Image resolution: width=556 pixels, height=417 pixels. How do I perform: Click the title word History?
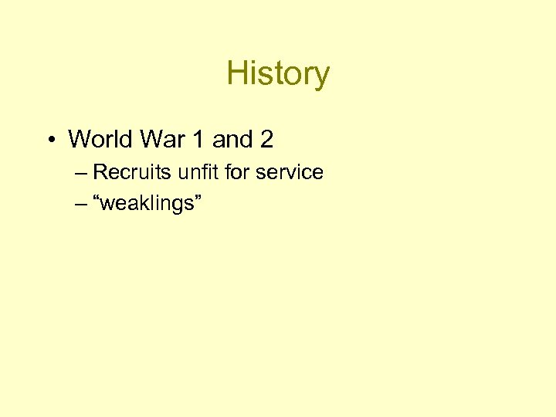pyautogui.click(x=278, y=74)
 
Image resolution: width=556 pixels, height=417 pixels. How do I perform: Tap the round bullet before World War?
pyautogui.click(x=49, y=140)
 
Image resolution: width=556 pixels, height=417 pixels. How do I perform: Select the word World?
pyautogui.click(x=100, y=140)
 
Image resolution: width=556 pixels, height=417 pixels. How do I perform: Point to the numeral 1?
pyautogui.click(x=198, y=140)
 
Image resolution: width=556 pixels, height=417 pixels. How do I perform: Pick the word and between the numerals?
pyautogui.click(x=232, y=140)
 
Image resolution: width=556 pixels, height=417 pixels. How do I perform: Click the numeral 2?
pyautogui.click(x=266, y=140)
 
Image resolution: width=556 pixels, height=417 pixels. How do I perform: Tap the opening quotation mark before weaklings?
pyautogui.click(x=97, y=199)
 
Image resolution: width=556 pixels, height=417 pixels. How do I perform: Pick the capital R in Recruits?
pyautogui.click(x=99, y=172)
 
